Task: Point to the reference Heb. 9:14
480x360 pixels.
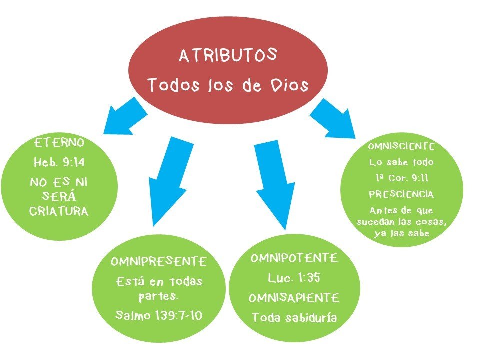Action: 59,163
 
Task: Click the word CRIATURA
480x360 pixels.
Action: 59,211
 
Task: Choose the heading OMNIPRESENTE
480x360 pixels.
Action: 159,262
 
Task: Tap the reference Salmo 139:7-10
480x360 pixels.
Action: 159,315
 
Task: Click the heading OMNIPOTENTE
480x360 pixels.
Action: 294,259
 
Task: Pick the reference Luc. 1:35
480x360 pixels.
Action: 294,278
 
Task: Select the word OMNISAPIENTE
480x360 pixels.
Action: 294,298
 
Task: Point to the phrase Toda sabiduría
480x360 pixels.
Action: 294,318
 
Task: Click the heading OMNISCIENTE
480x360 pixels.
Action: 401,147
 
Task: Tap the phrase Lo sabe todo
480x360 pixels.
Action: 401,162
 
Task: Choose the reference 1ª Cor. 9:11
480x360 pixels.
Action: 401,178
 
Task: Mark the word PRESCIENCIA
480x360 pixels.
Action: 401,194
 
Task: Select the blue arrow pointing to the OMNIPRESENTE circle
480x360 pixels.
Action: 165,180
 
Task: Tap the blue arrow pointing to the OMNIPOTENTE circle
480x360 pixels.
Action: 272,185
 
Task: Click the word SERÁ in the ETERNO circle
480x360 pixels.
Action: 59,196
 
